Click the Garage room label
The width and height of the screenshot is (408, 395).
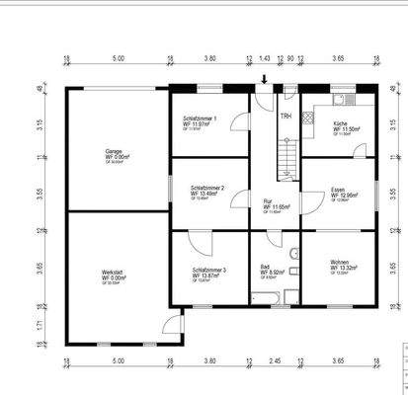coord(115,153)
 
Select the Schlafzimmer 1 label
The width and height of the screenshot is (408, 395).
coord(201,119)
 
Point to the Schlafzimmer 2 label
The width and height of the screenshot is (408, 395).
coord(207,190)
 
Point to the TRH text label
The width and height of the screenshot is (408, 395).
coord(286,117)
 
